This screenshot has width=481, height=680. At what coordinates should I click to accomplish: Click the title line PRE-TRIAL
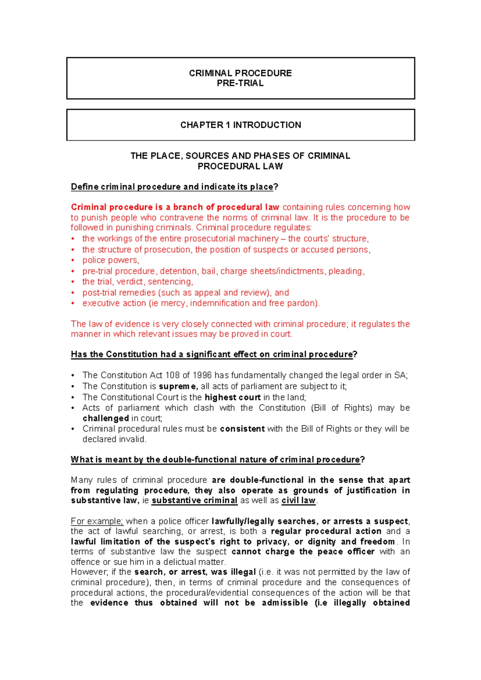coord(240,83)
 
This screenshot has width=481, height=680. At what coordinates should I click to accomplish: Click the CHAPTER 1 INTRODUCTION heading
coord(240,125)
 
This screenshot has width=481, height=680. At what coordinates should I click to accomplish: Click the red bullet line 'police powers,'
coord(111,260)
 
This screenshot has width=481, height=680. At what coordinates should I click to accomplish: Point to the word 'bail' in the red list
coord(208,271)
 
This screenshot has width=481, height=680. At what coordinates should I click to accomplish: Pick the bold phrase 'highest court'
coord(232,397)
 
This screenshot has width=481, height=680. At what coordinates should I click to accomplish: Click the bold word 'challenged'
coord(105,418)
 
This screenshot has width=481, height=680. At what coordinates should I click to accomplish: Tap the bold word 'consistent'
coord(242,429)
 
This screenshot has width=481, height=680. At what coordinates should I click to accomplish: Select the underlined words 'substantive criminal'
coord(194,501)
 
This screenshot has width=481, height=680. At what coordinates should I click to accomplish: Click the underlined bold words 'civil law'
coord(299,501)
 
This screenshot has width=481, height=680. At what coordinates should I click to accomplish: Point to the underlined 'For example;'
coord(97,521)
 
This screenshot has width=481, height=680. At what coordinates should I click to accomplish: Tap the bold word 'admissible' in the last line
coord(285,603)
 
